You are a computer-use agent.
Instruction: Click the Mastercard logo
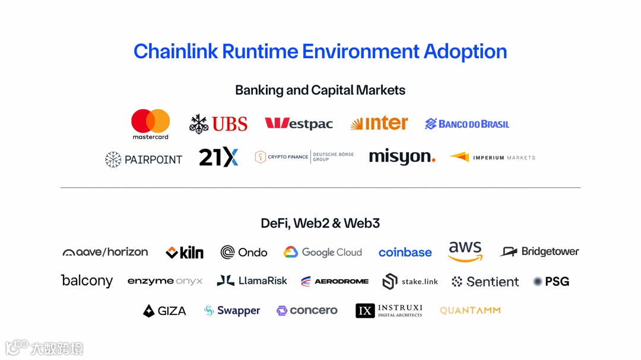pos(150,124)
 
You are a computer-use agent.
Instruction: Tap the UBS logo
pos(218,124)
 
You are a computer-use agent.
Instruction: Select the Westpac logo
pos(299,124)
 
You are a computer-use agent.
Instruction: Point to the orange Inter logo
pos(379,123)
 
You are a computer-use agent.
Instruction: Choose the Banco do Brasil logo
pos(467,124)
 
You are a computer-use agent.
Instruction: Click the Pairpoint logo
pos(144,159)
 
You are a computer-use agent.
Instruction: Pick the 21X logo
pos(218,157)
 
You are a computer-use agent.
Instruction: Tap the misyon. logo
pos(402,157)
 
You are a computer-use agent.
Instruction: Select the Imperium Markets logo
pos(492,157)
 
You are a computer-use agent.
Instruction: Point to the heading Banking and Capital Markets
pos(320,90)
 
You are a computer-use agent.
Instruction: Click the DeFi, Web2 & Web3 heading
pos(320,224)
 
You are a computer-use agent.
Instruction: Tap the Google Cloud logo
pos(322,252)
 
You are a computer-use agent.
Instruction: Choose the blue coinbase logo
pos(405,253)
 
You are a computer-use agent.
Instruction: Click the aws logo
pos(465,251)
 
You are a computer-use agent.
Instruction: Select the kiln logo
pos(185,253)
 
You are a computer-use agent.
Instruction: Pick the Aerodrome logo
pos(334,281)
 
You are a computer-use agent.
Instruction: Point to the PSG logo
pos(551,282)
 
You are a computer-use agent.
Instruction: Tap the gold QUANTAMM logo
pos(470,310)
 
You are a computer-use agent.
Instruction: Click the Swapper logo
pos(232,311)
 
